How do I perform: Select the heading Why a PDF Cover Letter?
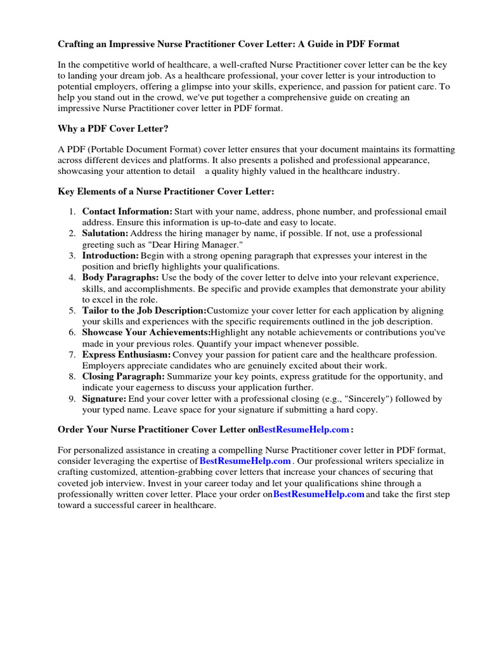pos(113,129)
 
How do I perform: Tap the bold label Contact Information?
pos(127,211)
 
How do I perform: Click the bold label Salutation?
pos(105,234)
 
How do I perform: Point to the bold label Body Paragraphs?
pos(120,277)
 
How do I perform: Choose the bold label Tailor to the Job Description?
pos(144,310)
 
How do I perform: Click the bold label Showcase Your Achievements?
pos(146,333)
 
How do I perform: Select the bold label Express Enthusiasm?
pos(126,355)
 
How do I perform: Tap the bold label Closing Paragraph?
pos(123,376)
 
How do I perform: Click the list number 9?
pos(72,399)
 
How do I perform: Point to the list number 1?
pos(72,211)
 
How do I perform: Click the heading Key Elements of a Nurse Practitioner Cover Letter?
pos(166,191)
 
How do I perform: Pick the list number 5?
pos(72,310)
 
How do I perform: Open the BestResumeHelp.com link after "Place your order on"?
pos(318,494)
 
